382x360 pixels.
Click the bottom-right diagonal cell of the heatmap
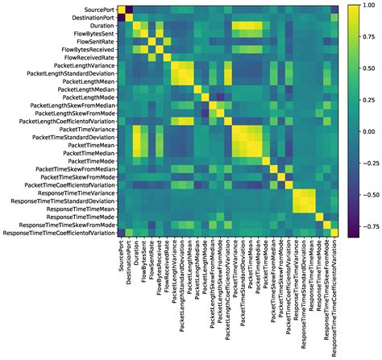pos(335,234)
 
